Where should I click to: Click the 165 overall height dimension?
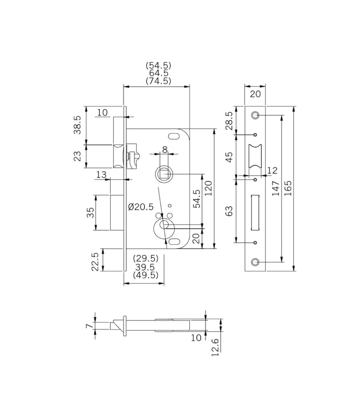point(288,188)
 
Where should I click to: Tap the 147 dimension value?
point(276,188)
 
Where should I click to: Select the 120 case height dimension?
point(208,188)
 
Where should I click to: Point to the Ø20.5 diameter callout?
point(141,207)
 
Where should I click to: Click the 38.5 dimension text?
point(77,125)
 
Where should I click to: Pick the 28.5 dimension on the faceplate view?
point(229,121)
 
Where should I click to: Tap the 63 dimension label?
point(229,211)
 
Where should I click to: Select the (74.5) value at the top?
point(158,81)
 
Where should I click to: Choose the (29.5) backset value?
point(146,258)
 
